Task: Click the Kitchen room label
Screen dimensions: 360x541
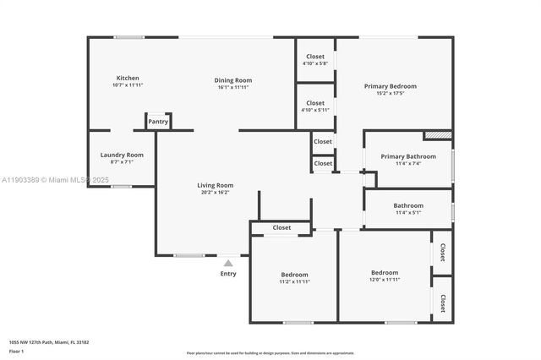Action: [128, 78]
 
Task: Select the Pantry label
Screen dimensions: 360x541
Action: [158, 122]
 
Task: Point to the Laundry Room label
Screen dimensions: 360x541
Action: [122, 155]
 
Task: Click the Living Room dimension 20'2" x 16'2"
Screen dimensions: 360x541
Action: [215, 193]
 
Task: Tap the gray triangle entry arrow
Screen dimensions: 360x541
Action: [227, 264]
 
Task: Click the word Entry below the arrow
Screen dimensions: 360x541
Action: [228, 274]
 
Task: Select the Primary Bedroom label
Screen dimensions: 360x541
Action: [390, 86]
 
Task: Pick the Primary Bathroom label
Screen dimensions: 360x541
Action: [408, 156]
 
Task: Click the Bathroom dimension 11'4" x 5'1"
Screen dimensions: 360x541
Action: [407, 213]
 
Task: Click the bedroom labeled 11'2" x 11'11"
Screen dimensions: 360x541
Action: [294, 279]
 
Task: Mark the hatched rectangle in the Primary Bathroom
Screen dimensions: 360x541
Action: [437, 134]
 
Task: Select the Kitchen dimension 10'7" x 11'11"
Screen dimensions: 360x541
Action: [128, 85]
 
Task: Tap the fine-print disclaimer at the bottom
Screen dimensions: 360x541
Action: [270, 352]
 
